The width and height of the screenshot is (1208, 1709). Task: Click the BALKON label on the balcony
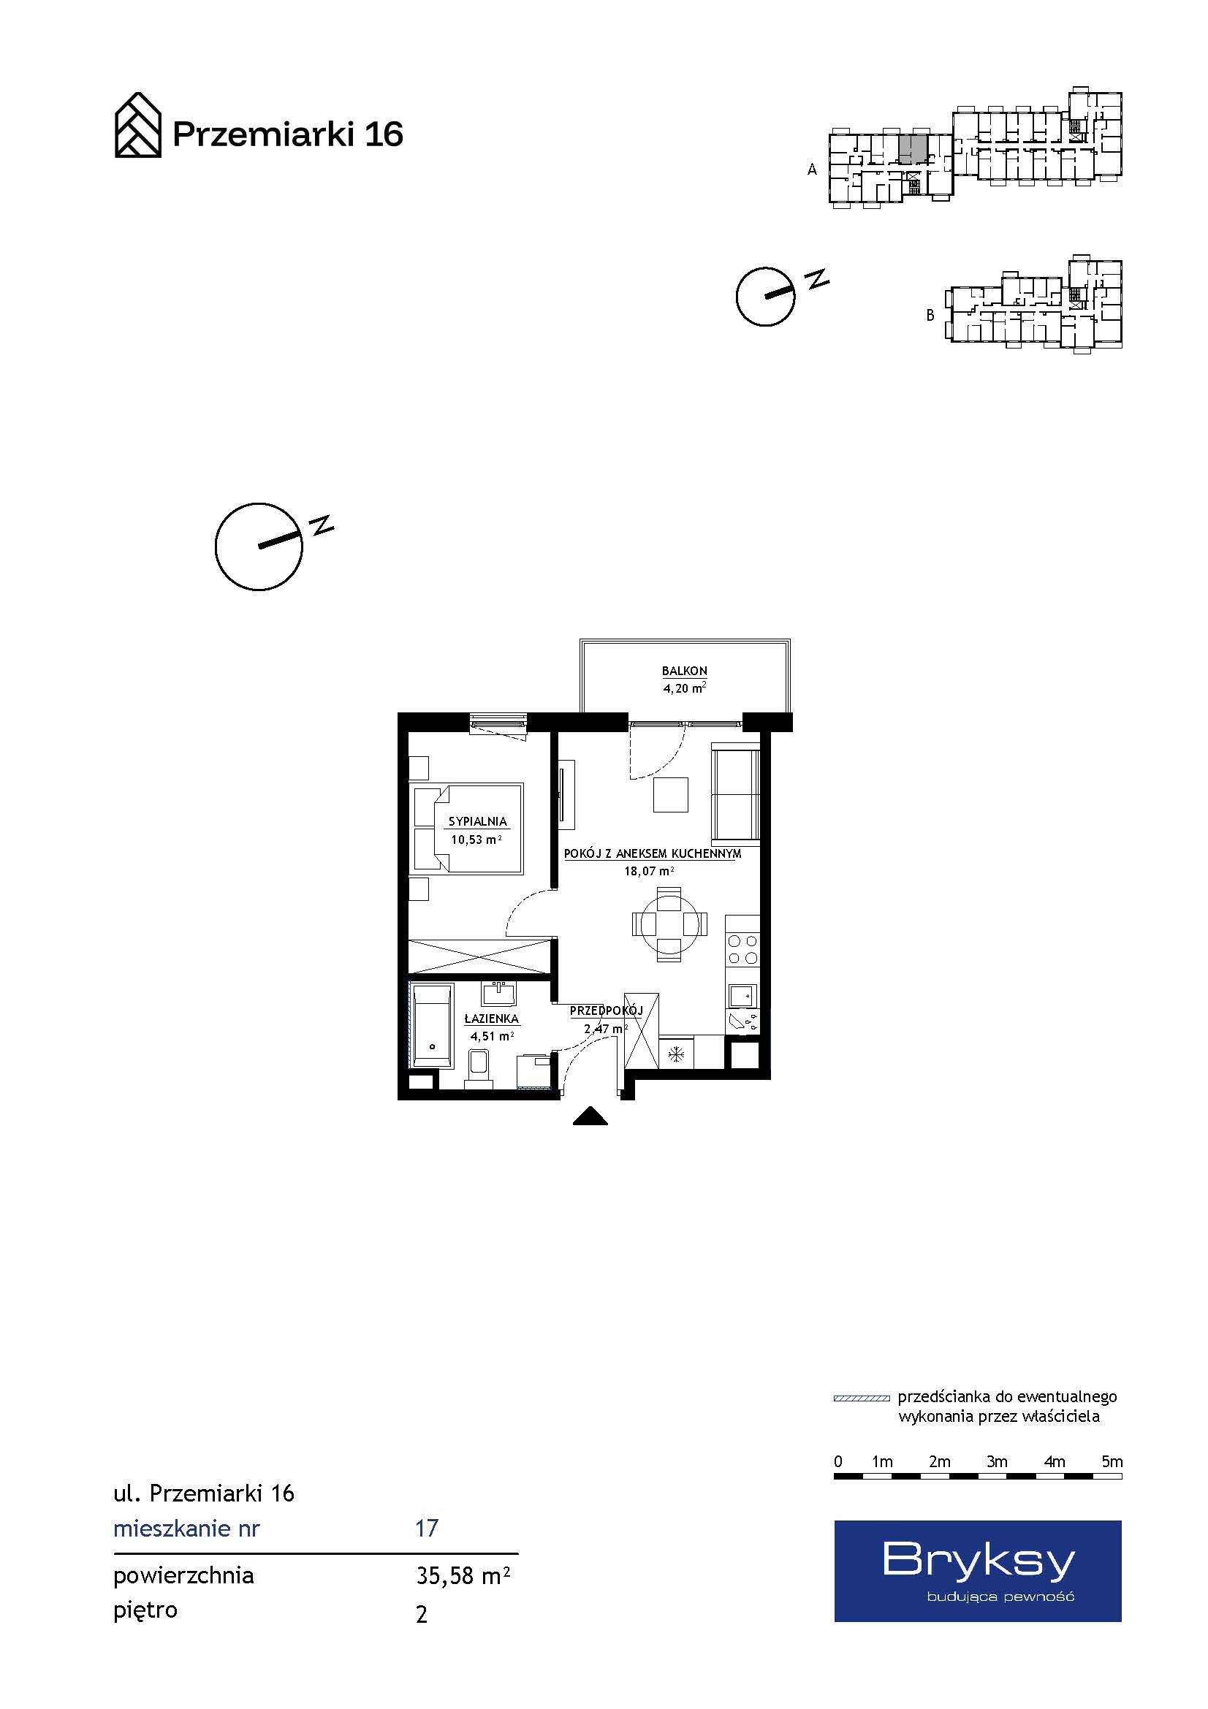tap(684, 671)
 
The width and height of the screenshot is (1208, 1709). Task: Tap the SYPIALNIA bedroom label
tap(477, 822)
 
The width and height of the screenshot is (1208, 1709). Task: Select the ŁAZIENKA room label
tap(491, 1019)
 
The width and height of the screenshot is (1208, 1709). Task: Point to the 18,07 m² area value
tap(649, 871)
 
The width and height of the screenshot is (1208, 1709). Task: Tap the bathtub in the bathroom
tap(432, 1026)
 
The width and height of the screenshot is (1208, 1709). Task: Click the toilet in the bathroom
tap(479, 1070)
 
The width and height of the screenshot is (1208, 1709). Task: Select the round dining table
tap(669, 924)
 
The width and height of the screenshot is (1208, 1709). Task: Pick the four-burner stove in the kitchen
tap(742, 949)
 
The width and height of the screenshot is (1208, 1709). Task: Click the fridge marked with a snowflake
tap(676, 1054)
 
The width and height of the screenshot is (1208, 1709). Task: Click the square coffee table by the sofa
tap(671, 794)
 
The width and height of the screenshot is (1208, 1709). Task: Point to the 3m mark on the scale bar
tap(997, 1461)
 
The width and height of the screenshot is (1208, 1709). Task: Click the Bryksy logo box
tap(977, 1571)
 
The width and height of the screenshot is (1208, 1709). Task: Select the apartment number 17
tap(427, 1528)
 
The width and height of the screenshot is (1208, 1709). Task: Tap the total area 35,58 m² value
tap(463, 1576)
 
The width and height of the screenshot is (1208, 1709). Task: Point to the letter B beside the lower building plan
tap(930, 316)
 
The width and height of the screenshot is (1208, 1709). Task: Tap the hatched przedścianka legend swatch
tap(861, 1398)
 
